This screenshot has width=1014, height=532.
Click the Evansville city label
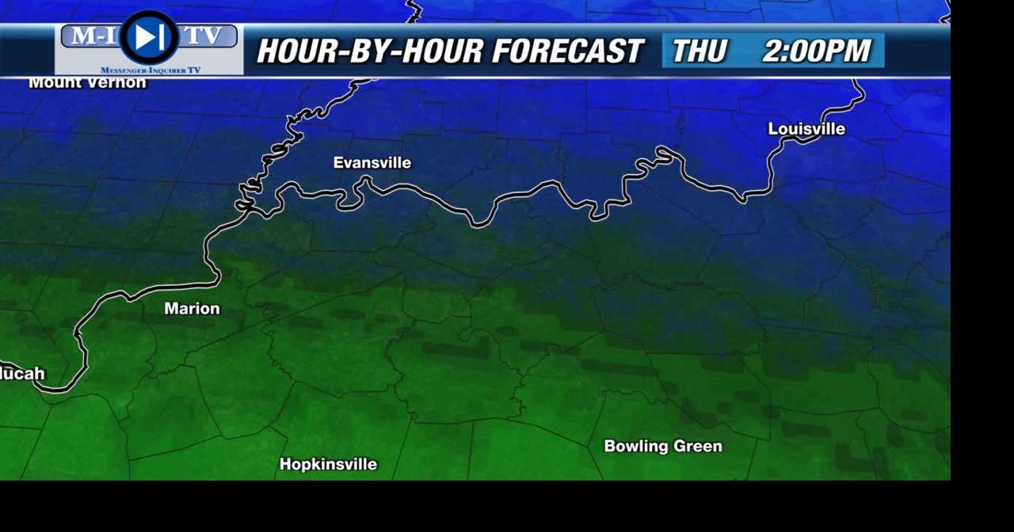coord(372,163)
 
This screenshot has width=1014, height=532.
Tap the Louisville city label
coord(806,129)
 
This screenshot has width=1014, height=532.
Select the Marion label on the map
coord(192,309)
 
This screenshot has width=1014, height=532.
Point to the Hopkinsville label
coord(328,465)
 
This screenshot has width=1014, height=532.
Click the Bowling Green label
coord(663,446)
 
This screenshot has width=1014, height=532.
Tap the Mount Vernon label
coord(87,82)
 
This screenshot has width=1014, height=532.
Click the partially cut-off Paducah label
coord(22,374)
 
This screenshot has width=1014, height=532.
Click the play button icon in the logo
coord(149,36)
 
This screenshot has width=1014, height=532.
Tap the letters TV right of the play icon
coord(204,36)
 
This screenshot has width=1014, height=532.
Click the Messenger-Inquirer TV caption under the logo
coord(150,70)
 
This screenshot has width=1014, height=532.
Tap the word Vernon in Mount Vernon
coord(118,82)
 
